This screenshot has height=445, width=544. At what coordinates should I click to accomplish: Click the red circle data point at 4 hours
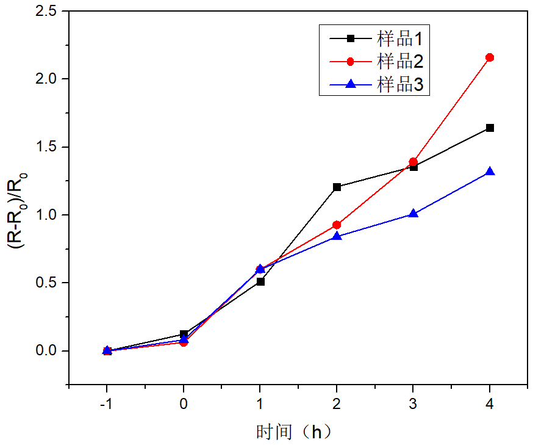pos(489,57)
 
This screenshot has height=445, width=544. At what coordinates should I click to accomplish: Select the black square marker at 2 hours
pos(337,187)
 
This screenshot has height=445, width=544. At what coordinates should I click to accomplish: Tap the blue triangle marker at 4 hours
pos(489,172)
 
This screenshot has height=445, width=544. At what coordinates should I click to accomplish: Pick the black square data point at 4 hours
pos(489,128)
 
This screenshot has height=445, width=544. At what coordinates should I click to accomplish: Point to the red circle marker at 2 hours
pos(337,225)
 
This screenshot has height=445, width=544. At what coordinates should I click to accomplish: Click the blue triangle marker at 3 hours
pos(413,214)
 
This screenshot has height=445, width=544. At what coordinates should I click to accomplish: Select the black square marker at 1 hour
pos(260,281)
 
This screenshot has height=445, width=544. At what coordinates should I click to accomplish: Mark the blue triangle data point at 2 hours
pos(337,236)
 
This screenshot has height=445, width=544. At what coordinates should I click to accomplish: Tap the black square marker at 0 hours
pos(184,335)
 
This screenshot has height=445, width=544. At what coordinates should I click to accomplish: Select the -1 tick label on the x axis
pos(107,405)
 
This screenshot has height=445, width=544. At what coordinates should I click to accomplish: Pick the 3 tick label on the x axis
pos(413,405)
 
